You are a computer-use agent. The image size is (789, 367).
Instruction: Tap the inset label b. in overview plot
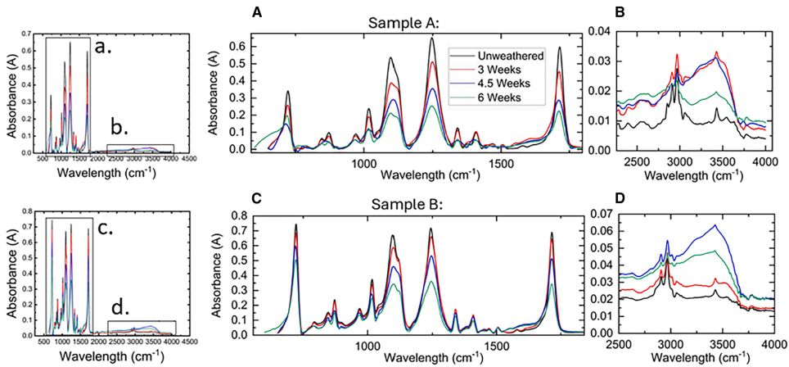(x=119, y=129)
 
